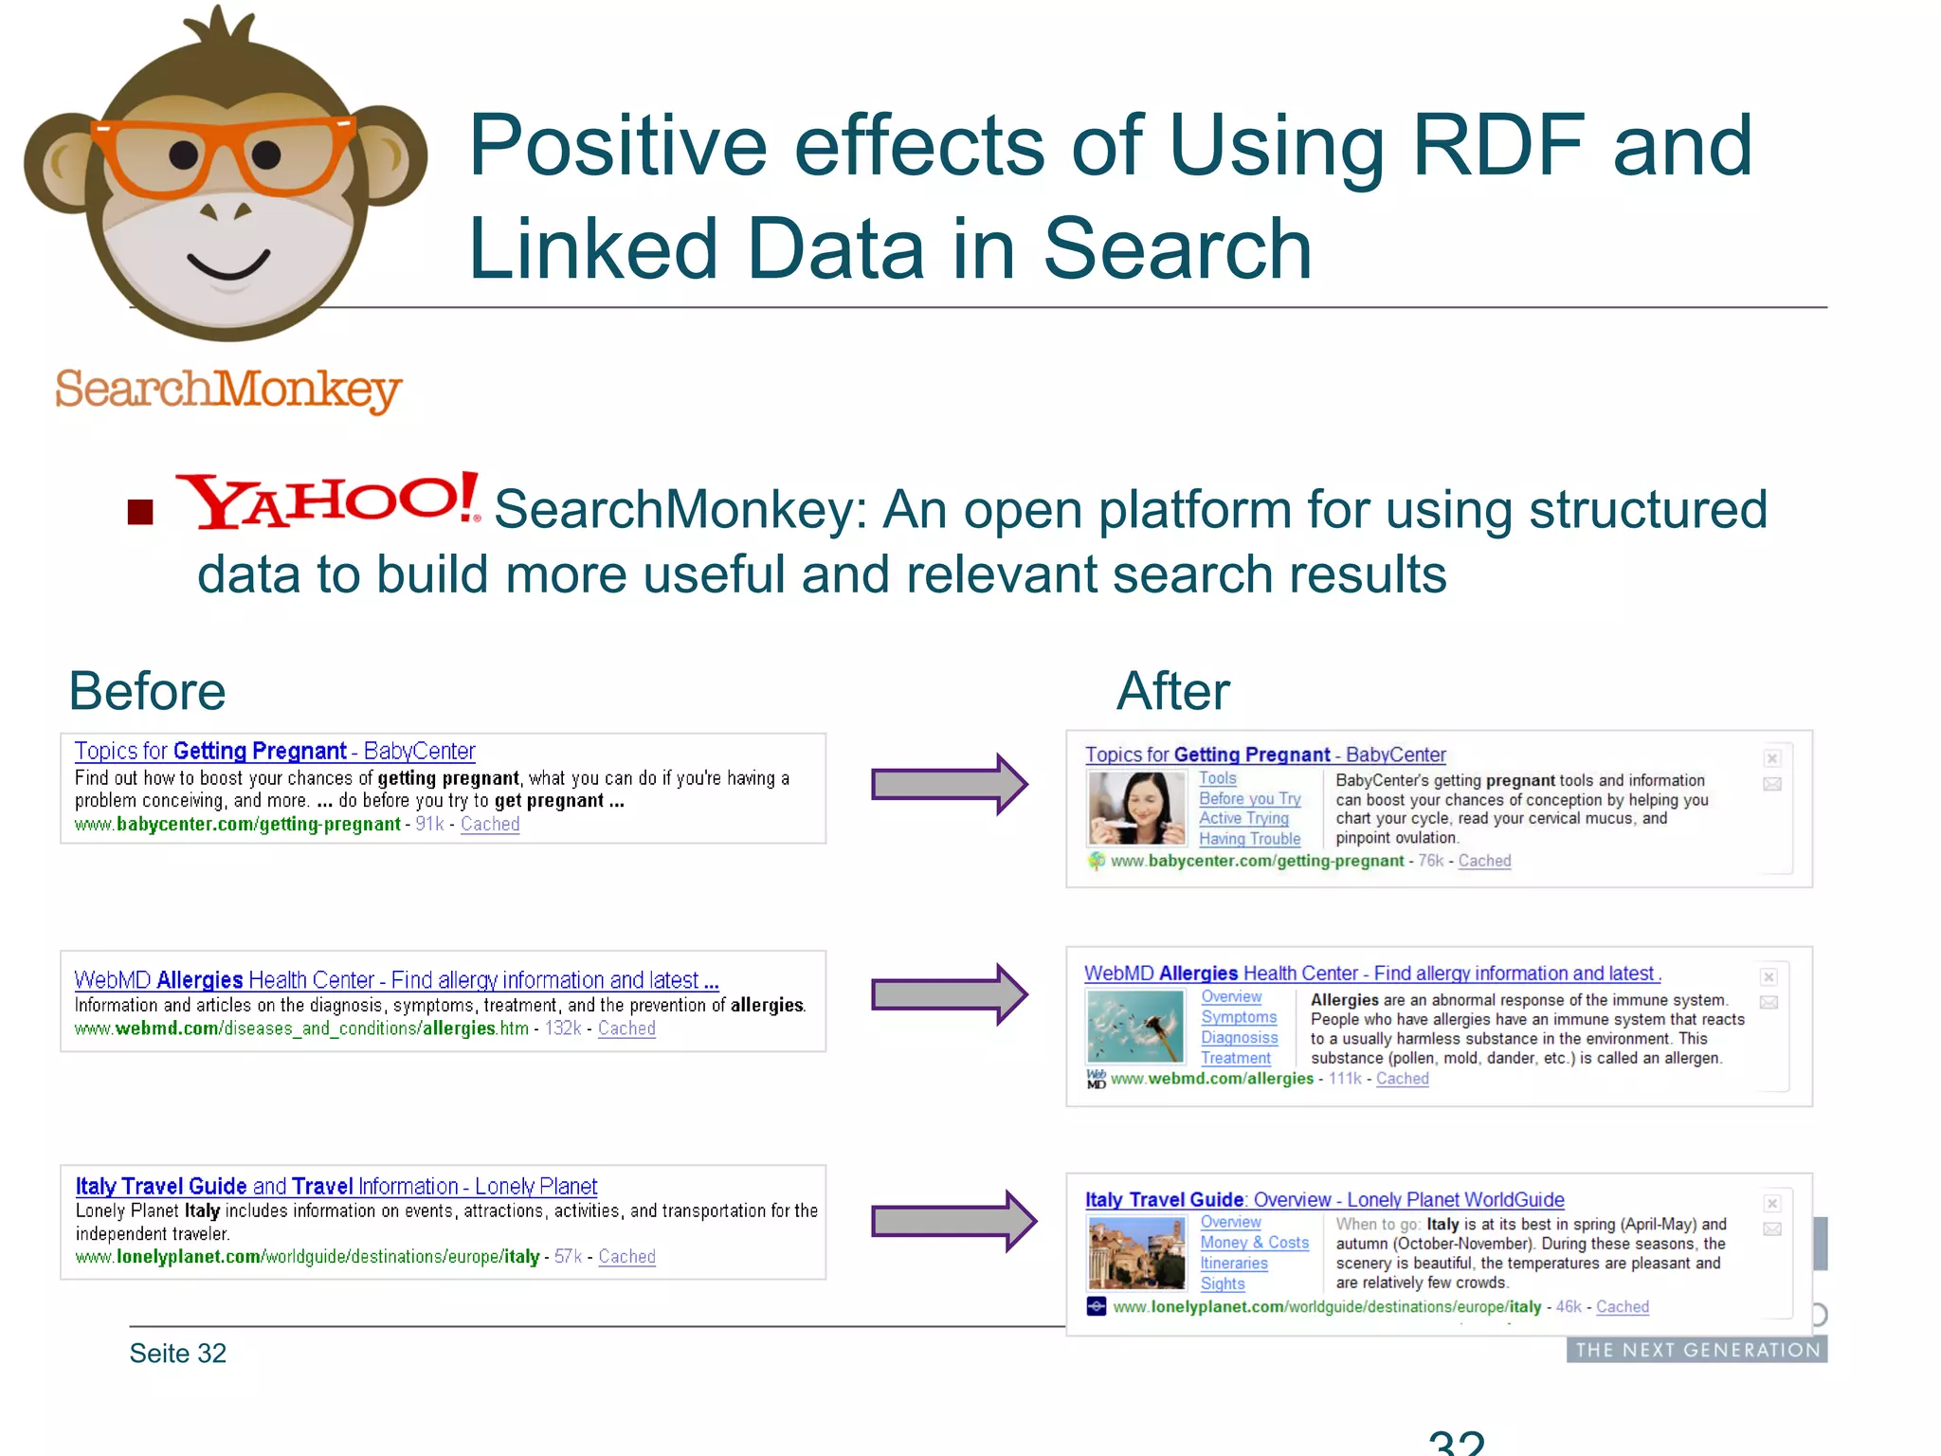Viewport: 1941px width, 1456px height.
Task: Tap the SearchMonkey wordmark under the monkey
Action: click(x=228, y=390)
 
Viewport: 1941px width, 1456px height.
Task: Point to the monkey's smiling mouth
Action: click(x=228, y=264)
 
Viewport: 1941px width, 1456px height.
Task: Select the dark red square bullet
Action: click(x=140, y=512)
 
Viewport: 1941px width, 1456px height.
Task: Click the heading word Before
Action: click(x=147, y=691)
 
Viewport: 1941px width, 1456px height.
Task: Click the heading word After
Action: click(x=1172, y=691)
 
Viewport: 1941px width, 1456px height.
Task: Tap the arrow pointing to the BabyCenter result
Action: click(x=949, y=784)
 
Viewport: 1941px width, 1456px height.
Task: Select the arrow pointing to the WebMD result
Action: click(x=949, y=994)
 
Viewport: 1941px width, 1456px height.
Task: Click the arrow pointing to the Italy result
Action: click(x=952, y=1221)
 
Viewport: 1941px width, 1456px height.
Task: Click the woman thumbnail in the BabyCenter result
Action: click(x=1136, y=808)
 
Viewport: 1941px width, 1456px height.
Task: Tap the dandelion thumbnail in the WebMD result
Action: click(x=1135, y=1027)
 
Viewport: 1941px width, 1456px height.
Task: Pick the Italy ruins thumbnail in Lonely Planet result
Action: click(x=1136, y=1253)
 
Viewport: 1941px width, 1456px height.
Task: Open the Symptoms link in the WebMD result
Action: click(x=1239, y=1017)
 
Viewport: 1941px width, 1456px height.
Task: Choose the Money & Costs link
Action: click(x=1254, y=1243)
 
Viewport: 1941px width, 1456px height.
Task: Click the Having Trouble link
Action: click(x=1249, y=839)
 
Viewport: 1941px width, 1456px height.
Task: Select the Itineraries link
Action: click(x=1233, y=1264)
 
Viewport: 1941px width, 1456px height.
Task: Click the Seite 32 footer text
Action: click(x=178, y=1354)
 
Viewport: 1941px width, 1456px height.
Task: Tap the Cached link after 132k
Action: click(x=626, y=1028)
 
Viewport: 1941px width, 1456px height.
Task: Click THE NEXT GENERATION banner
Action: click(x=1696, y=1350)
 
